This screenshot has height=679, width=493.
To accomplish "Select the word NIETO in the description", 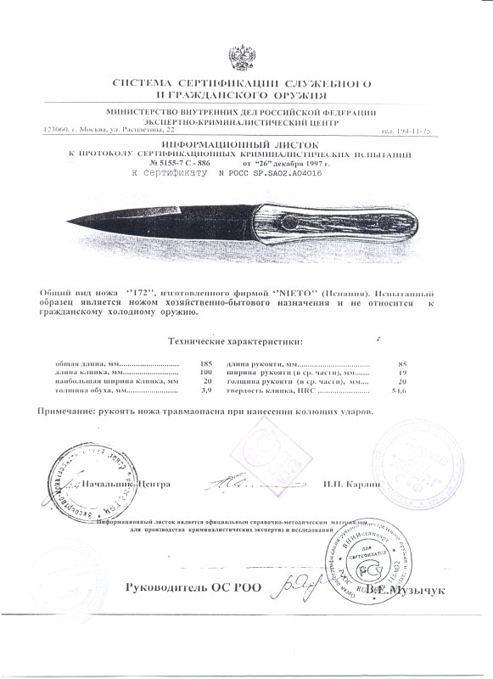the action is coord(293,290).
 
